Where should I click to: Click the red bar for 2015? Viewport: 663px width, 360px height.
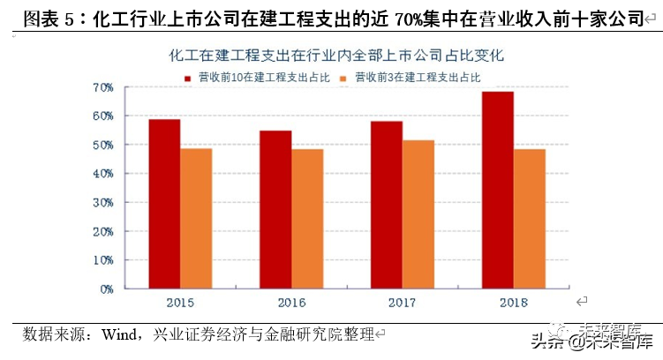(x=164, y=204)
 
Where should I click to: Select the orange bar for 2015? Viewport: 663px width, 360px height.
(x=196, y=218)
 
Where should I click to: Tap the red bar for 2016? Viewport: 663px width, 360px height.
(x=275, y=209)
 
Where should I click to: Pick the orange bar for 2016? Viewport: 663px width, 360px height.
(x=307, y=219)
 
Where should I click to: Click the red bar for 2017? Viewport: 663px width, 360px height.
(x=387, y=205)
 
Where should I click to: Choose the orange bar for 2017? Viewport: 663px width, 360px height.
(x=418, y=214)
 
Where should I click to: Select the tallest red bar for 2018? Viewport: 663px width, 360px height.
(x=498, y=190)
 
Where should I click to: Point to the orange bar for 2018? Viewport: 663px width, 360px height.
(x=530, y=219)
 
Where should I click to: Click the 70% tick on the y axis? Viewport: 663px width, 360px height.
(x=103, y=87)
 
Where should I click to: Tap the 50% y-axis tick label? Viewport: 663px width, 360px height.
(x=103, y=145)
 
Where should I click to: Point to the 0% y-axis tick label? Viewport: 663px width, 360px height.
(x=106, y=289)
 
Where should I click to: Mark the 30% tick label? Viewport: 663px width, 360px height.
(x=103, y=202)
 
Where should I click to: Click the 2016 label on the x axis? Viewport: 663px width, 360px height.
(x=291, y=303)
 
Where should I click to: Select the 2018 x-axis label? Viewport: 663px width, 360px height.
(x=514, y=303)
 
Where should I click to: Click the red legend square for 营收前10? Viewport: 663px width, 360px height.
(x=187, y=78)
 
